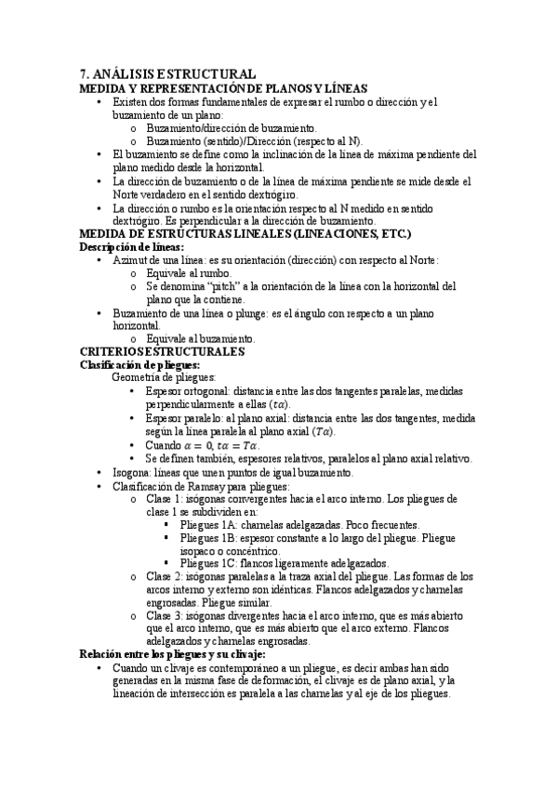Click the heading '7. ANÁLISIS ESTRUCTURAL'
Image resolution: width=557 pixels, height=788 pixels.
[168, 73]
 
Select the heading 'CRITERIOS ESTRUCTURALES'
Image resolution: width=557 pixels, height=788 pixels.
[162, 352]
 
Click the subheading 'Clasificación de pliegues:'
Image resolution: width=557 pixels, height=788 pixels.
[140, 365]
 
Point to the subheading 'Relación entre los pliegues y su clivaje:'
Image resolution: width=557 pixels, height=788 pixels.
[174, 653]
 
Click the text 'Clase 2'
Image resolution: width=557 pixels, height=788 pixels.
[165, 576]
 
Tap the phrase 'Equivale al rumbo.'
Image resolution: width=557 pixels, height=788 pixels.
[189, 274]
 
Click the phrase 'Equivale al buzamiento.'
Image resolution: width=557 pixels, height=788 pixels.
[201, 339]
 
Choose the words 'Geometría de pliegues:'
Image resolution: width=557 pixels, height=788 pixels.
[164, 378]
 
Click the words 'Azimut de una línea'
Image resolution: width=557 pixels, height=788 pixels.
[156, 261]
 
